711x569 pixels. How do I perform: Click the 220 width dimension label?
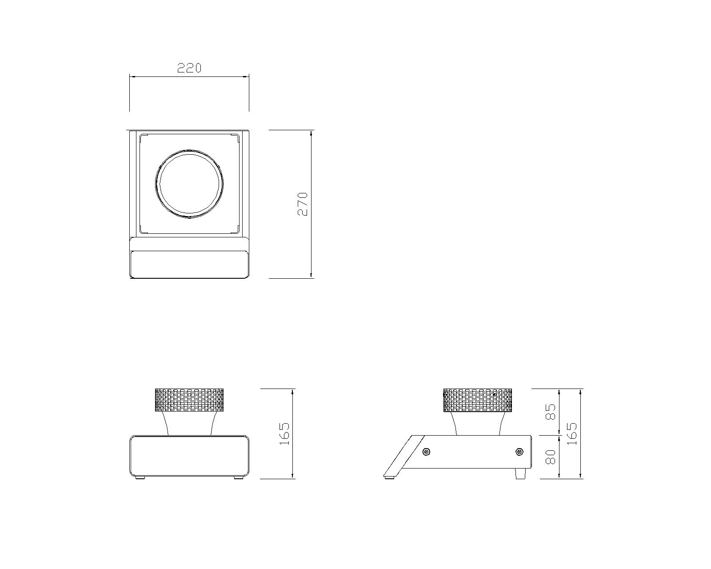[189, 68]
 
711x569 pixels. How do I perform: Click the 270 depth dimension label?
[302, 204]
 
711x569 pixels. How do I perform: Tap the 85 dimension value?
[550, 412]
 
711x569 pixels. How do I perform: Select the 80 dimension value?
[550, 457]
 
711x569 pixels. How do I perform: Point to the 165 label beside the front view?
[284, 434]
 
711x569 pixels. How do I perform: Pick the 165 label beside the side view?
[571, 434]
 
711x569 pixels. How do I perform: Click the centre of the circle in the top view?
[189, 184]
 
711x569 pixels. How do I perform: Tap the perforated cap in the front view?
[189, 400]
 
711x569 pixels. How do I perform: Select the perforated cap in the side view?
[477, 400]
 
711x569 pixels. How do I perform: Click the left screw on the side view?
[427, 452]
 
